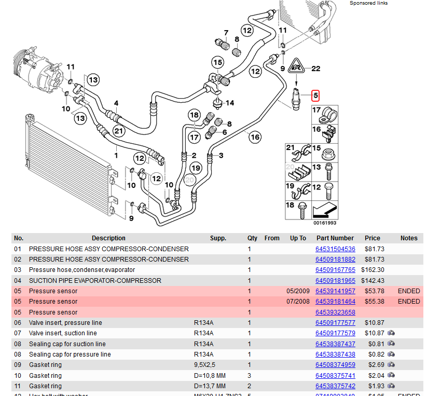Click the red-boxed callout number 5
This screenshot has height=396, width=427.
[x=315, y=95]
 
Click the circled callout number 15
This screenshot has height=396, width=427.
[x=217, y=63]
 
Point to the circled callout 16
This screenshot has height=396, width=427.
[x=255, y=137]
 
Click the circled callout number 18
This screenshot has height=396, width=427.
[x=194, y=115]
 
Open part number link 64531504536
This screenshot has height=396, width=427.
[x=335, y=249]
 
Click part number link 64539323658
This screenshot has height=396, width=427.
[x=335, y=312]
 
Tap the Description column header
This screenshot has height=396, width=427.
[x=108, y=238]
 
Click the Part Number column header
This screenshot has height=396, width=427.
[x=335, y=238]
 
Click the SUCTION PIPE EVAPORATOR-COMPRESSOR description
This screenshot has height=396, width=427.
[x=95, y=280]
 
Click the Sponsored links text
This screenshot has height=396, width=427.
[x=369, y=3]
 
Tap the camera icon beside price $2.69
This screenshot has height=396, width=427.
[x=391, y=365]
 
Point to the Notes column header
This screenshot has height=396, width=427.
[x=409, y=238]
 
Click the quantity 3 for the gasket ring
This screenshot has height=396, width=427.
[x=250, y=375]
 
